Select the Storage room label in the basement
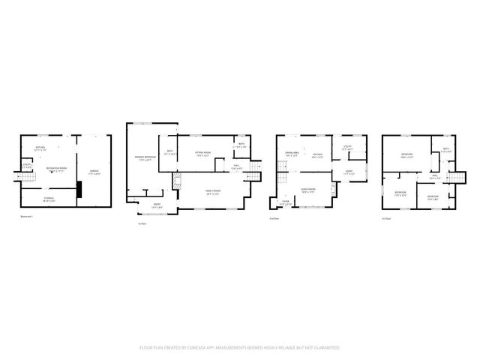coord(47,199)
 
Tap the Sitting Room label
coord(202,153)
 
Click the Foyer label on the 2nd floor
coord(286,201)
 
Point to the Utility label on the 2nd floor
coord(347,146)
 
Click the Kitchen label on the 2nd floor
coord(317,155)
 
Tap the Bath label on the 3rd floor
coord(445,148)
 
